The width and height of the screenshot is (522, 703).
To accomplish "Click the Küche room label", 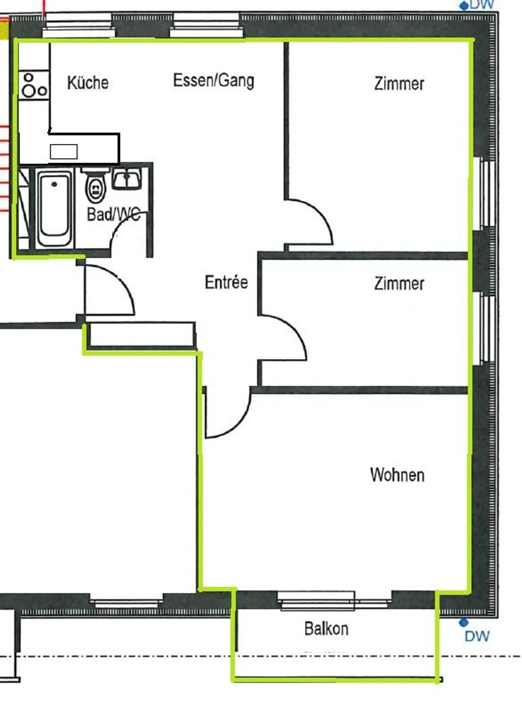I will (88, 83).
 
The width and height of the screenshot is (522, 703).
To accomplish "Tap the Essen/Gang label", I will (214, 80).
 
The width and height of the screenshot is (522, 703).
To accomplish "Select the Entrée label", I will (226, 282).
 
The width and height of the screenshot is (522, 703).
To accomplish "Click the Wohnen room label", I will (397, 475).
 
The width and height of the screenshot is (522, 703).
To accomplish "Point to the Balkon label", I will (326, 629).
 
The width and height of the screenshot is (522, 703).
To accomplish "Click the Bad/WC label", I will (113, 214).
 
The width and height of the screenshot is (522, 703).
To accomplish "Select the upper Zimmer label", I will (399, 84).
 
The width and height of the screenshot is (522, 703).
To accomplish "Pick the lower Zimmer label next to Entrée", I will (399, 284).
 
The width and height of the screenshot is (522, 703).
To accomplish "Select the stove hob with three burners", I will (34, 86).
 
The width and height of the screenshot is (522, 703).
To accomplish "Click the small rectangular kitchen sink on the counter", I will (63, 152).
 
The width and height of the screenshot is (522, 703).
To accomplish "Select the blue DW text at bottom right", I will (477, 636).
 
